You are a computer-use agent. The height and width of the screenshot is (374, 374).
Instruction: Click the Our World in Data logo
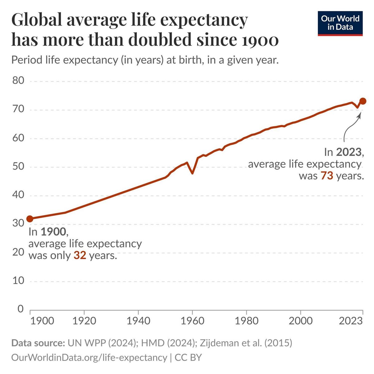click(x=340, y=23)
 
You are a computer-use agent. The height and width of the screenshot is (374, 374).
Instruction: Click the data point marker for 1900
click(x=30, y=219)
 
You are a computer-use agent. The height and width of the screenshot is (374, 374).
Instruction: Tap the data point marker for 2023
click(x=362, y=101)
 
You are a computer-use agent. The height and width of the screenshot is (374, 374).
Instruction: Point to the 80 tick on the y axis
click(x=18, y=81)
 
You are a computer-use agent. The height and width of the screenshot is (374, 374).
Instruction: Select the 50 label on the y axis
click(x=18, y=167)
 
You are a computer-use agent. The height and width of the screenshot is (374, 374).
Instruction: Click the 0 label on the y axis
click(x=21, y=309)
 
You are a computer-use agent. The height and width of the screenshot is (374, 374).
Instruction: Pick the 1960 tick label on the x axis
click(x=192, y=321)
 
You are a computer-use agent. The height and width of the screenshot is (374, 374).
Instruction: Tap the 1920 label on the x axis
click(x=84, y=321)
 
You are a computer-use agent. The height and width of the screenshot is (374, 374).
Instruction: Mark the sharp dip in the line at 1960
click(x=192, y=172)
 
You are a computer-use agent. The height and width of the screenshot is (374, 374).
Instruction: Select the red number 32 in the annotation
click(x=80, y=256)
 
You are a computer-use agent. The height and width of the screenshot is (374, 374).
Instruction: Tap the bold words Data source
click(x=37, y=343)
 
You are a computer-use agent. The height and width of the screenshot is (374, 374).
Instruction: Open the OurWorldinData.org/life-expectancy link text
click(x=89, y=357)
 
